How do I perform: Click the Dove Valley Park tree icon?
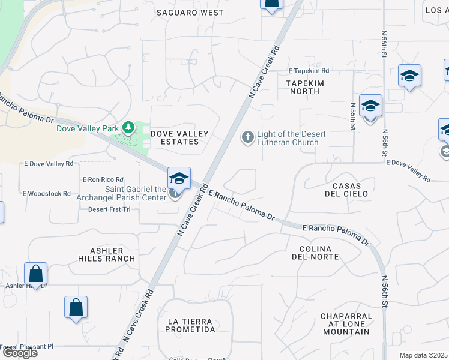(128, 127)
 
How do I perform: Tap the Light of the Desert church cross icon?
(247, 138)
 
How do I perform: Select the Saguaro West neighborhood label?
(190, 12)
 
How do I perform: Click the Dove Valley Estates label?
(179, 137)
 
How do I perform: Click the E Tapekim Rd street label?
(309, 71)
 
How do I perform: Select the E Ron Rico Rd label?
(103, 179)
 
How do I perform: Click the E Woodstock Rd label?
(47, 193)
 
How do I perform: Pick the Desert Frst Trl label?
(109, 209)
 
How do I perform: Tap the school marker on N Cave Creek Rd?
(179, 178)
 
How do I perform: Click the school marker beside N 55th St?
(370, 106)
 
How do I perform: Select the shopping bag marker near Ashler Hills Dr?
(36, 274)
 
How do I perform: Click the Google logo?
(20, 353)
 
